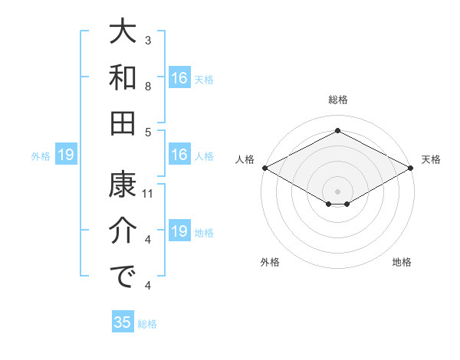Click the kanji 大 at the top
pyautogui.click(x=123, y=33)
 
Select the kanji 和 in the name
pyautogui.click(x=123, y=77)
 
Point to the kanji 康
pyautogui.click(x=123, y=184)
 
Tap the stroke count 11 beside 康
pyautogui.click(x=149, y=194)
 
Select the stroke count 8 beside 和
pyautogui.click(x=148, y=87)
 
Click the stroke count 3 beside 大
pyautogui.click(x=148, y=40)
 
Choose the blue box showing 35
pyautogui.click(x=122, y=322)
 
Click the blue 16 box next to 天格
pyautogui.click(x=179, y=77)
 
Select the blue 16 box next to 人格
pyautogui.click(x=179, y=155)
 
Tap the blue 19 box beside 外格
pyautogui.click(x=66, y=155)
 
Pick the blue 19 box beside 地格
pyautogui.click(x=179, y=231)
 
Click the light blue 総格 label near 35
pyautogui.click(x=147, y=324)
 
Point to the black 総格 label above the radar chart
pyautogui.click(x=337, y=100)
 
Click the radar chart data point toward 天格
pyautogui.click(x=412, y=168)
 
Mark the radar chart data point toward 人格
pyautogui.click(x=264, y=168)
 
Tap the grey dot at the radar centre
pyautogui.click(x=337, y=190)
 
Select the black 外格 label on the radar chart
pyautogui.click(x=270, y=262)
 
